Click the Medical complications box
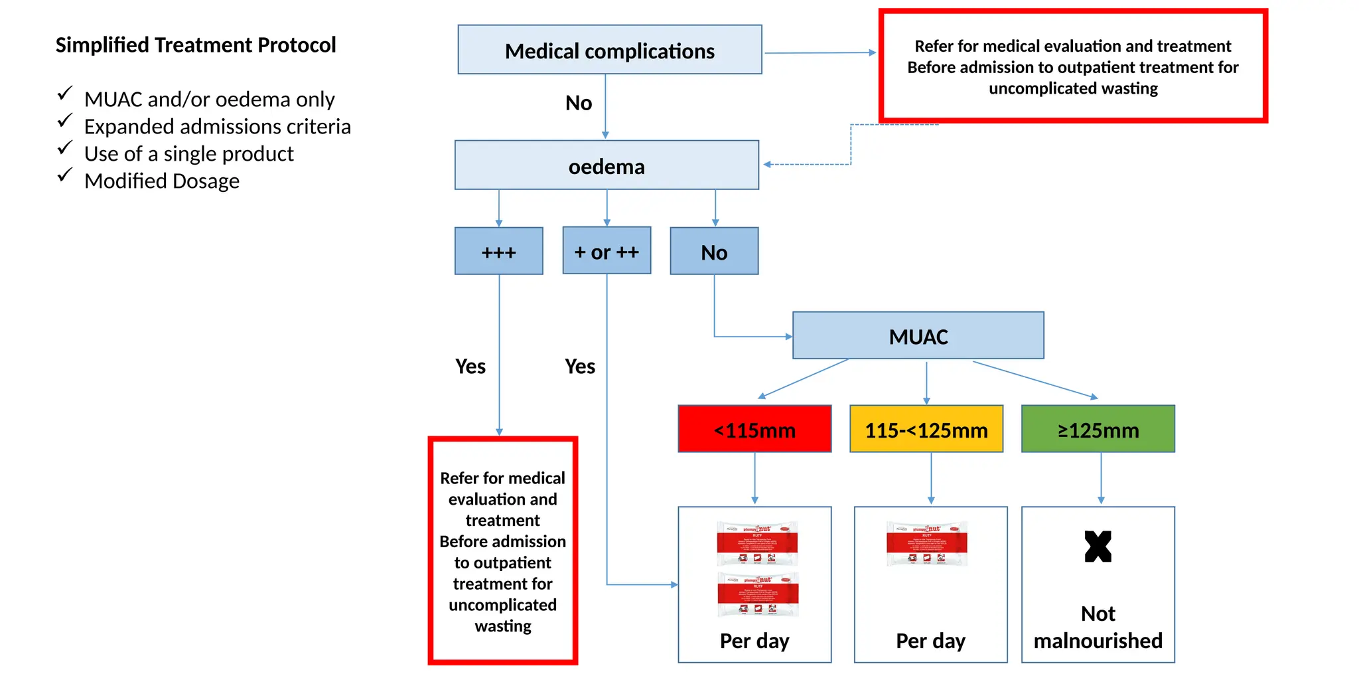609,50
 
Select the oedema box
607,165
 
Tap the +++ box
498,251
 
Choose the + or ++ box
607,250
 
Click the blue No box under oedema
714,251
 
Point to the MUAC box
918,335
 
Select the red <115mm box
754,429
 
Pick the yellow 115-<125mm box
926,429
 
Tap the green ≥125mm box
1098,429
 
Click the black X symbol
1098,547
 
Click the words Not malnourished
1098,627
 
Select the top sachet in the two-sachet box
757,543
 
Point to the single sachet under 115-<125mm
927,543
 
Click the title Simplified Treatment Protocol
196,44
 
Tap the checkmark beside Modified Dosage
64,175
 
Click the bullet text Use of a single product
188,153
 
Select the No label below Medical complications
578,103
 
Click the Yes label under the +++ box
470,366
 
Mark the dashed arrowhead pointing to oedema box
767,164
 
